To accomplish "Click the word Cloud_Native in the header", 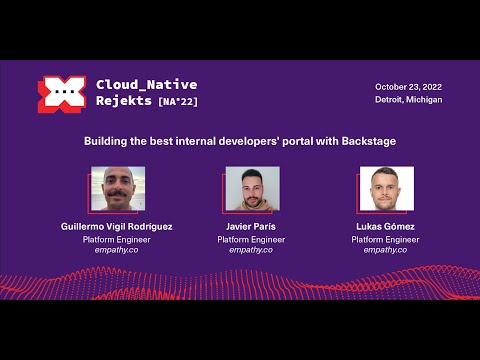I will pyautogui.click(x=146, y=84).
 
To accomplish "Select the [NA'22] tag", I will pyautogui.click(x=177, y=102).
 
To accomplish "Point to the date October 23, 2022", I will pyautogui.click(x=408, y=87).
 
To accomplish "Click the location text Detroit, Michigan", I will pyautogui.click(x=408, y=100).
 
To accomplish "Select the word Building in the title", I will pyautogui.click(x=107, y=141).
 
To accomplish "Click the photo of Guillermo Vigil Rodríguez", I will pyautogui.click(x=118, y=190).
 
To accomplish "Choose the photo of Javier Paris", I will pyautogui.click(x=252, y=190).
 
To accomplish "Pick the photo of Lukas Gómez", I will pyautogui.click(x=386, y=190).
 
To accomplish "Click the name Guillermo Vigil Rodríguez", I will pyautogui.click(x=117, y=227).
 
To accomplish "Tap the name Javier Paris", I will pyautogui.click(x=251, y=227).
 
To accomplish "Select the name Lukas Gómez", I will pyautogui.click(x=385, y=227).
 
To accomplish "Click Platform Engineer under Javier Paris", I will pyautogui.click(x=251, y=239).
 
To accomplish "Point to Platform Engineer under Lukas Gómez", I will pyautogui.click(x=385, y=239).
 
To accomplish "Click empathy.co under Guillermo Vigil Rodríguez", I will pyautogui.click(x=117, y=250).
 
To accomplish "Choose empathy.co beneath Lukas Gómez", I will pyautogui.click(x=385, y=250).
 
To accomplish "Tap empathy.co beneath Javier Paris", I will pyautogui.click(x=251, y=250).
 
